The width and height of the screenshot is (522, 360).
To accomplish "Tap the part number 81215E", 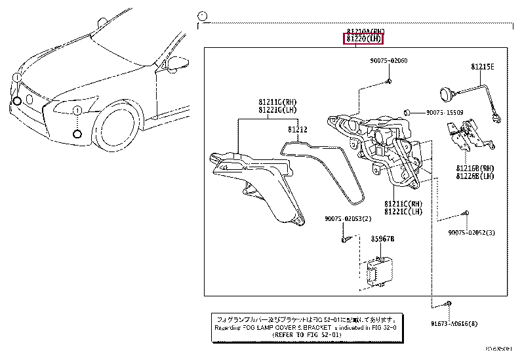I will (x=481, y=68).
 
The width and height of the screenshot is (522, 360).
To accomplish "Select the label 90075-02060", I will (x=388, y=60).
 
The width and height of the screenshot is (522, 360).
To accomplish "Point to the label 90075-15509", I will (x=445, y=112).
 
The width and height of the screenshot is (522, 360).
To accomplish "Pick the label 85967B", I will (x=385, y=239).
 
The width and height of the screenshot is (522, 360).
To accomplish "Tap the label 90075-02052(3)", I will (x=472, y=233).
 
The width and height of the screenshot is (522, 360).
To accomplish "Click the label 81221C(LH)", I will (x=404, y=211).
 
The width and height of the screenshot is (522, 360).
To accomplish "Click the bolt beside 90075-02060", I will (x=388, y=81).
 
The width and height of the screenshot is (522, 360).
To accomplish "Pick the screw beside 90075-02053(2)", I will (x=344, y=241).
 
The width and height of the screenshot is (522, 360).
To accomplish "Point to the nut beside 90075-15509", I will (x=407, y=112).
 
